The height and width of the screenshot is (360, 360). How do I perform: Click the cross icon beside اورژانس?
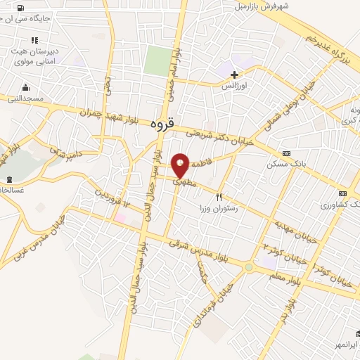(x=234, y=75)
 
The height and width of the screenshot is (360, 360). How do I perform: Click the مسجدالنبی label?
(x=26, y=98)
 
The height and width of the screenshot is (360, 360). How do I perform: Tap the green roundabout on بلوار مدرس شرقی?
(x=248, y=267)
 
